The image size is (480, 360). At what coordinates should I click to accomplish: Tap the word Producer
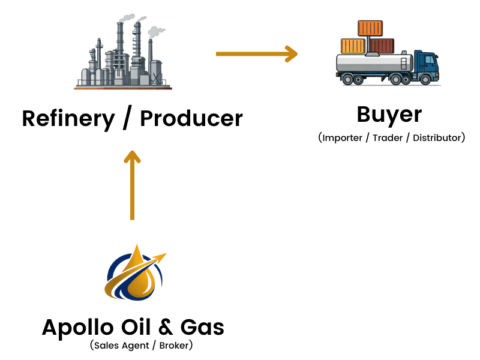coord(191,118)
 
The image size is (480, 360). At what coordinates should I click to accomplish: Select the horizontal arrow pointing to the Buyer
coord(256,53)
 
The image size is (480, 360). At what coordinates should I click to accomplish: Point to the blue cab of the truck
coord(428,65)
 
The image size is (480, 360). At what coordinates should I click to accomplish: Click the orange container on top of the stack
coord(370,28)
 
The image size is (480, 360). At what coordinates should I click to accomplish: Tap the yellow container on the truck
coord(353,46)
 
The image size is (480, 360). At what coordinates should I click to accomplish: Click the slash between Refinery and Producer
coord(127,119)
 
